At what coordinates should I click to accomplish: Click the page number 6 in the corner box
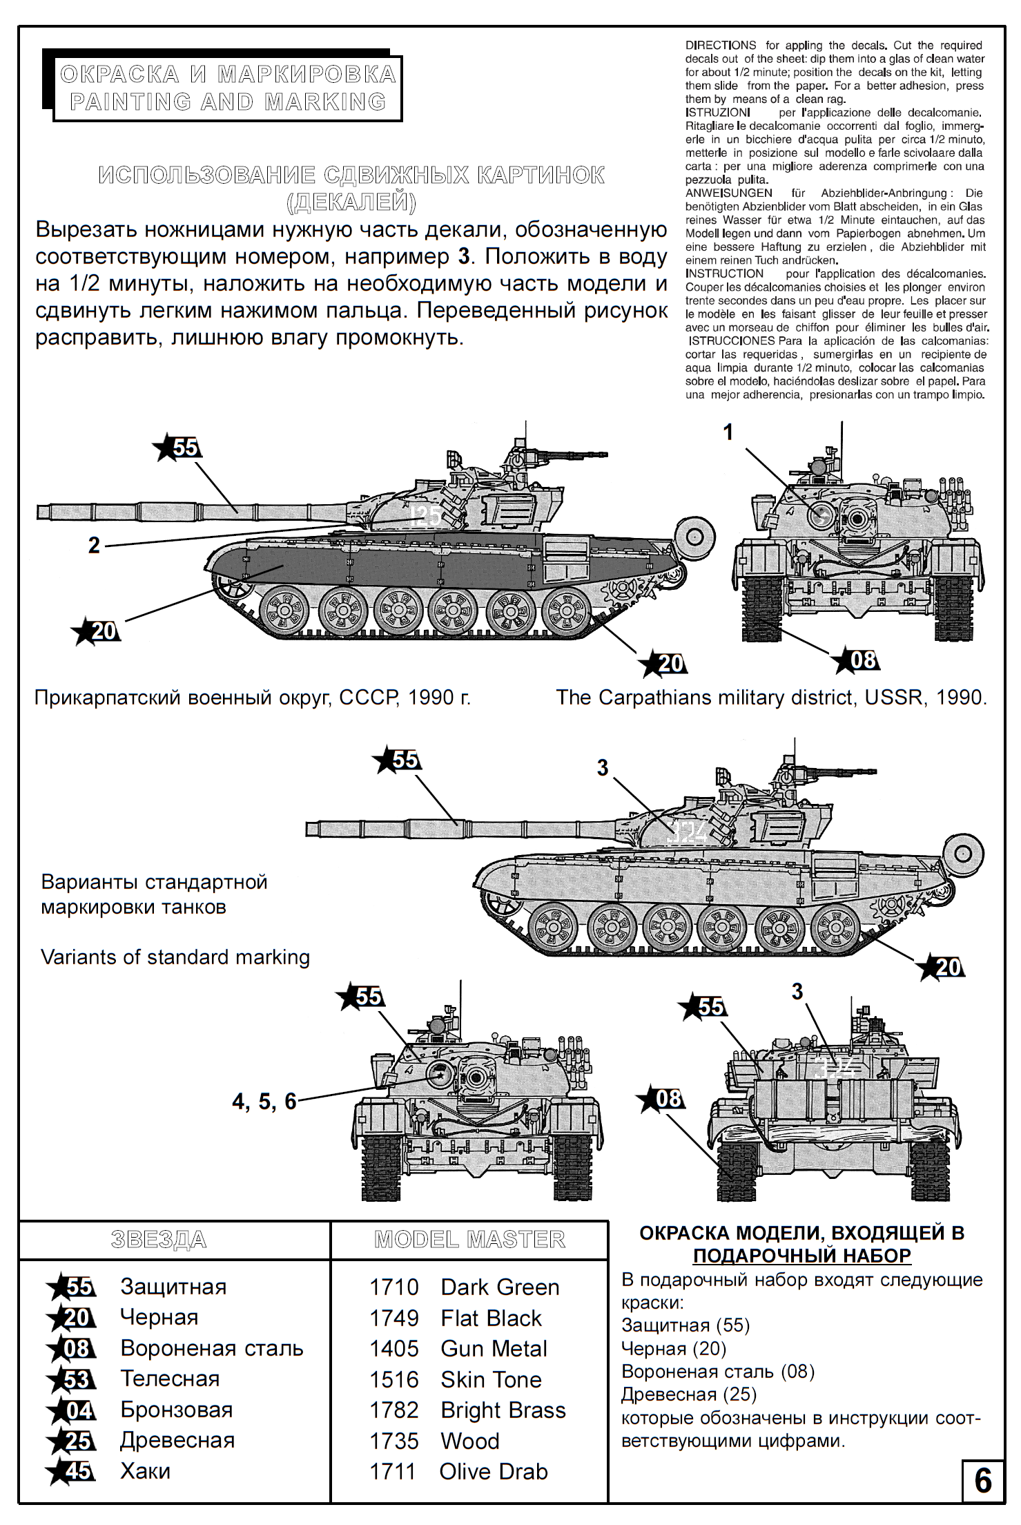[982, 1481]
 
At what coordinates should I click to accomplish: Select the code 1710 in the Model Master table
[393, 1287]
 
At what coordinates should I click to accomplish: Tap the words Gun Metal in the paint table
[494, 1349]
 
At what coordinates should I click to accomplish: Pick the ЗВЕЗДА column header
[159, 1240]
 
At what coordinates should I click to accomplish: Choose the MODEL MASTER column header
[469, 1240]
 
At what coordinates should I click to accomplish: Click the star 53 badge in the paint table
[72, 1379]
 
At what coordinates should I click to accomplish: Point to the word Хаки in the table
[145, 1472]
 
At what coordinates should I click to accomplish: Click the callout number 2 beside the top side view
[95, 546]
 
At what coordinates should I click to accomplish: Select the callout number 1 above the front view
[728, 432]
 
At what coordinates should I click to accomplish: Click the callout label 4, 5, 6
[264, 1102]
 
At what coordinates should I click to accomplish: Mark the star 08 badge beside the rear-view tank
[662, 1099]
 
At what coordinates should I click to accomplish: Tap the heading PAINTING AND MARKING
[228, 102]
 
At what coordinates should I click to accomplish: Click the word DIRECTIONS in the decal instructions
[720, 46]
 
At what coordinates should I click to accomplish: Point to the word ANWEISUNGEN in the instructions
[728, 193]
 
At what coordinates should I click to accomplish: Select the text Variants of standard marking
[175, 957]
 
